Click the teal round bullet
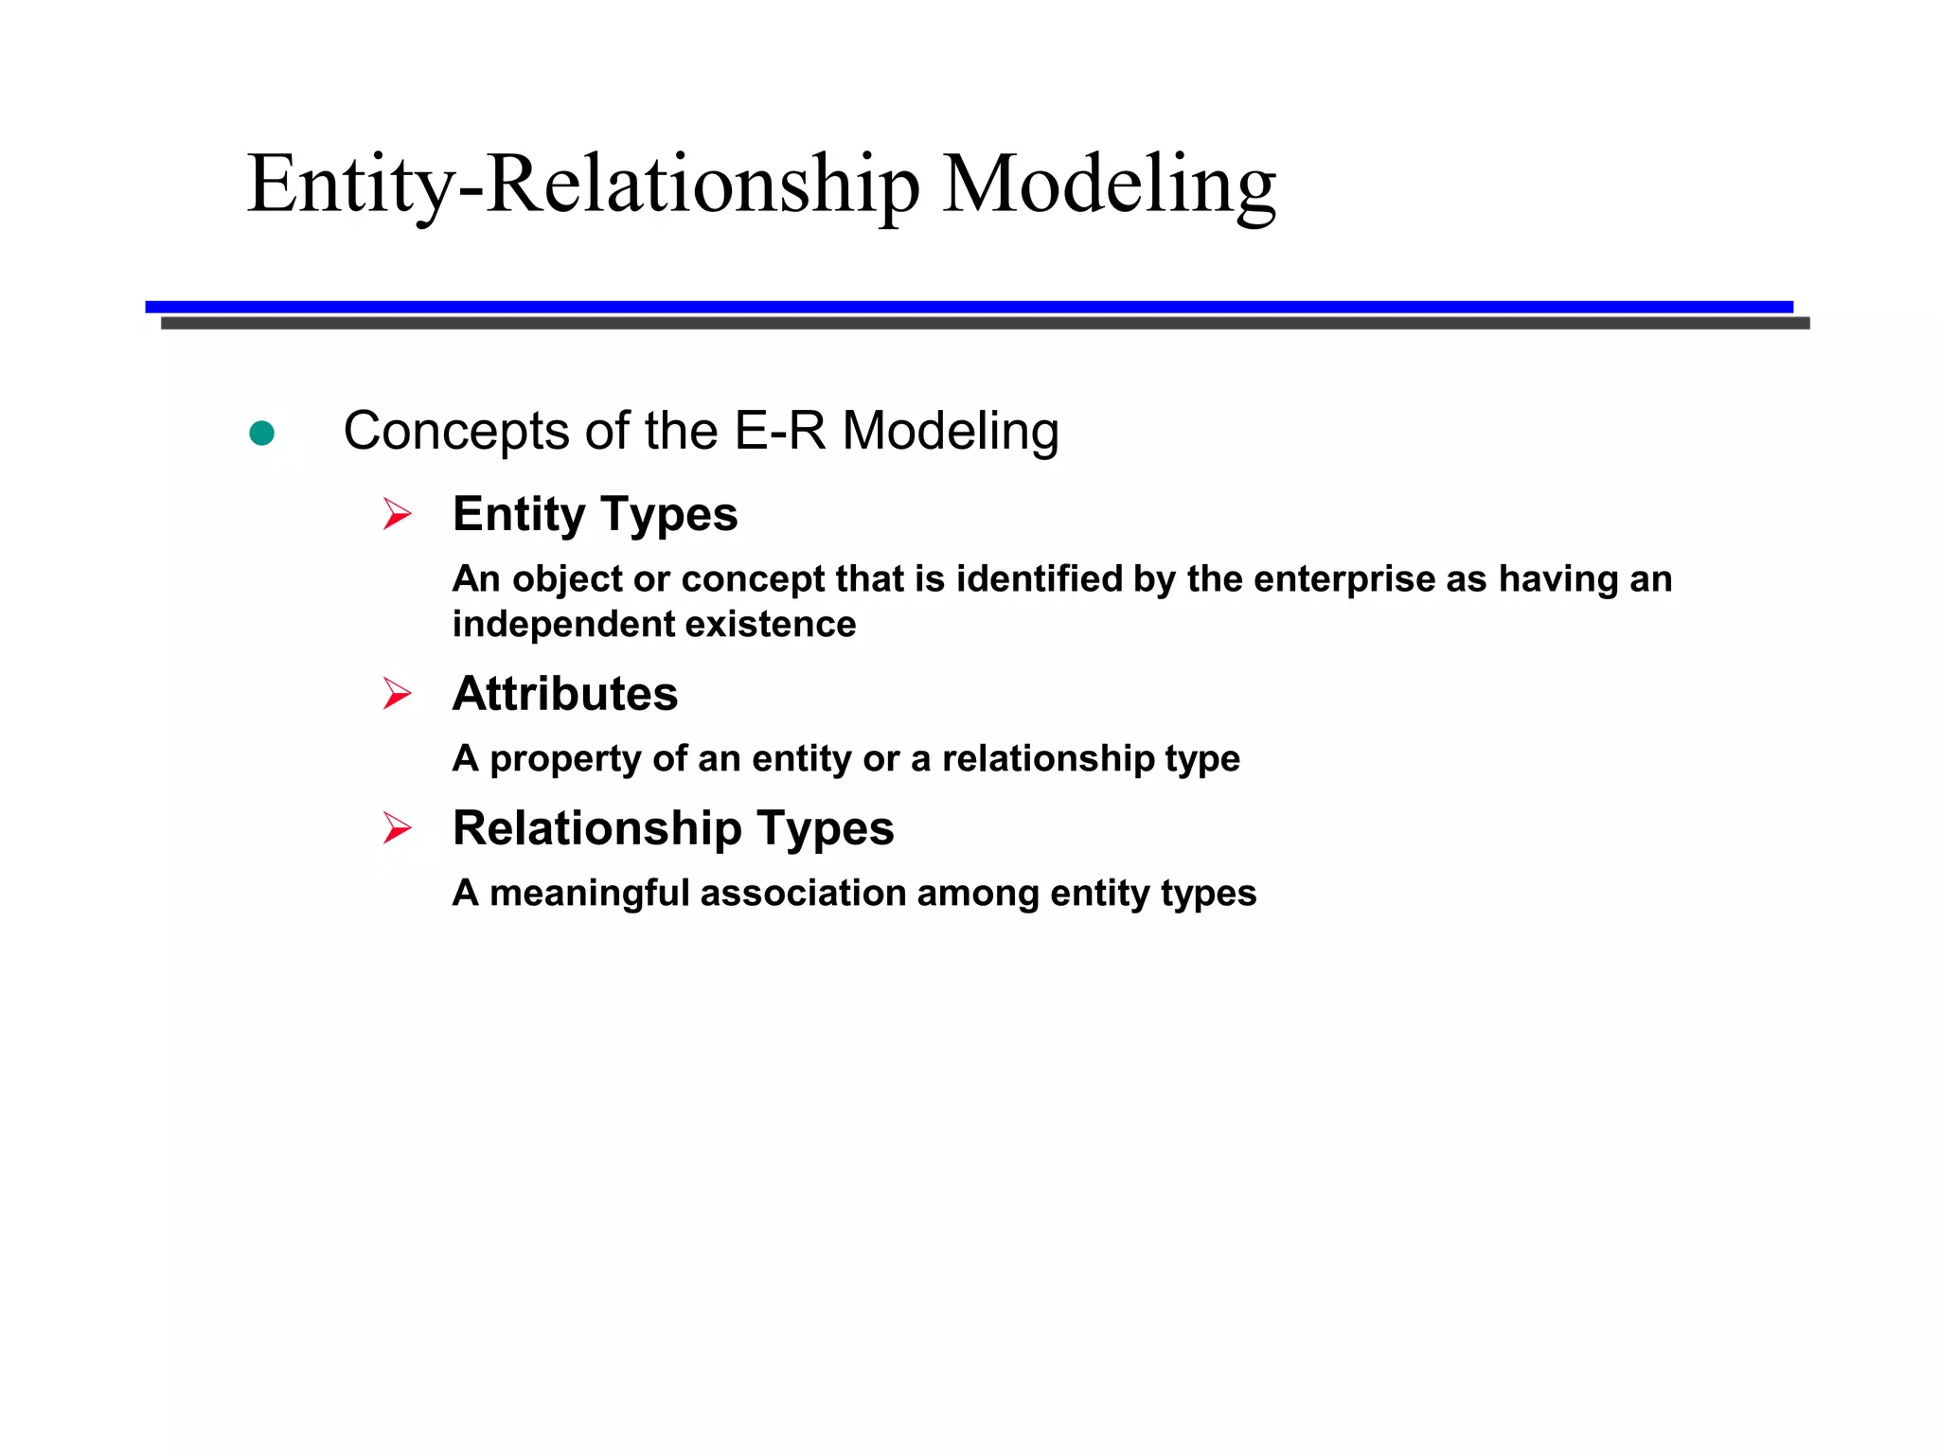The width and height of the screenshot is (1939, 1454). (261, 434)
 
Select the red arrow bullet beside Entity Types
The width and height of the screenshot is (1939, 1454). (397, 514)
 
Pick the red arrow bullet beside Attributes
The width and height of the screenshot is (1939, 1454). (397, 694)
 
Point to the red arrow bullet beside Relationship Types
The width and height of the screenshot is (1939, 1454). (397, 828)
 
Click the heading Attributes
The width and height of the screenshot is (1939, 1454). (565, 694)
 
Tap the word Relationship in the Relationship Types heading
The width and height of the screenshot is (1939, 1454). (596, 829)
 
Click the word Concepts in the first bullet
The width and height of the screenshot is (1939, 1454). (454, 432)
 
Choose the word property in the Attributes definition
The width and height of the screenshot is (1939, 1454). (565, 760)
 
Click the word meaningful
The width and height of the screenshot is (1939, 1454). (589, 894)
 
